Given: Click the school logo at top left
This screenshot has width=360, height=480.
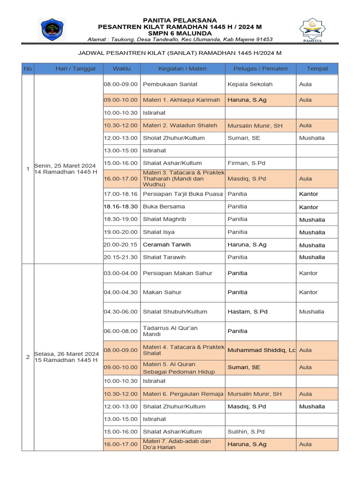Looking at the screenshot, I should pos(52,30).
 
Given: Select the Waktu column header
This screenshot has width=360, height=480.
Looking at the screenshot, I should pos(121,68).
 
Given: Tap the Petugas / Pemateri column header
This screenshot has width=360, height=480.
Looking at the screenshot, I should pos(260,68).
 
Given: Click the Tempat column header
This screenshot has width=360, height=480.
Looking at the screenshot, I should pos(317,68).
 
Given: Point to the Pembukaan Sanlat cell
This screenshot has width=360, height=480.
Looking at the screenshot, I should pos(170,84).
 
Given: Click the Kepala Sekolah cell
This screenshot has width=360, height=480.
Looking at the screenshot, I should pos(250,84).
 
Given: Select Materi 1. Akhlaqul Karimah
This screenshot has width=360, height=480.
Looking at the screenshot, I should pos(181,100).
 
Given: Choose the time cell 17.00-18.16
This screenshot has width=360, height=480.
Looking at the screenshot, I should pos(121,194).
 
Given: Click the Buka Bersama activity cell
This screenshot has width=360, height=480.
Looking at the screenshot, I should pos(164,206).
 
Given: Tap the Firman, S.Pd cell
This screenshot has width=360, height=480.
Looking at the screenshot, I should pos(247,163).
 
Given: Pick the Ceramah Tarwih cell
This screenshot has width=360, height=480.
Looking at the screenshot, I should pos(167,245).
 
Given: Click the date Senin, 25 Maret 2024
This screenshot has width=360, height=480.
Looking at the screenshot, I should pos(65,166).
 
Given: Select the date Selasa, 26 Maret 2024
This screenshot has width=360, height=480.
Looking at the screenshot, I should pos(66,353).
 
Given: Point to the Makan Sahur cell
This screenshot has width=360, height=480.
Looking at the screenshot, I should pos(162,292).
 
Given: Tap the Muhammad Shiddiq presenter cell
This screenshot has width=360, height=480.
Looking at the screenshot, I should pos(261,350).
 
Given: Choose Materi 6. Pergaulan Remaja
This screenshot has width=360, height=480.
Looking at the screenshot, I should pos(183,394).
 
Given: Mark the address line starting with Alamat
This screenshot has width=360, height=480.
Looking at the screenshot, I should pos(180,39).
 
